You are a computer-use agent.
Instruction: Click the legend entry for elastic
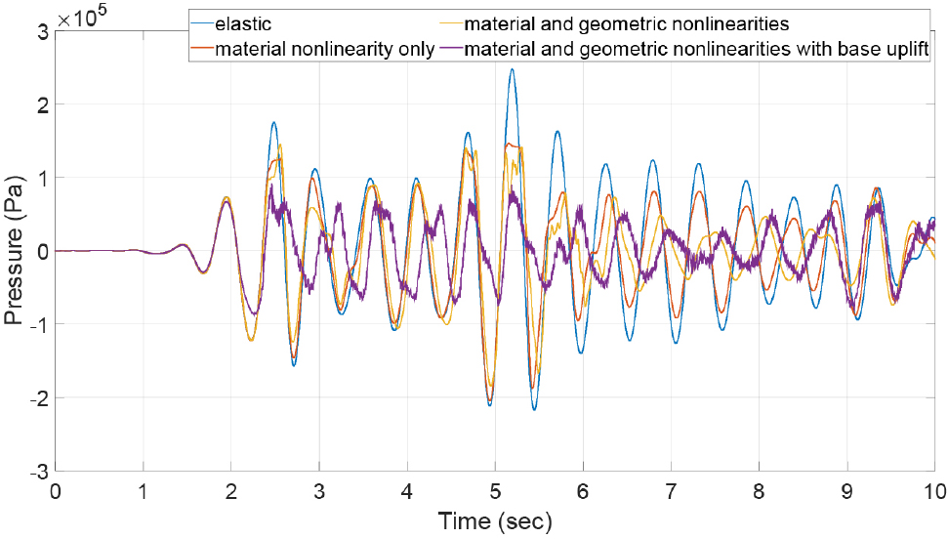coord(244,23)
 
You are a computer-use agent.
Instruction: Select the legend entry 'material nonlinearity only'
coord(324,48)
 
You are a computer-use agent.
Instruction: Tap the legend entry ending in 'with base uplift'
coord(694,48)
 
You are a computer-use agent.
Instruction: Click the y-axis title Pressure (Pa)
coord(15,251)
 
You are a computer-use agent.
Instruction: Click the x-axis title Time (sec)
coord(495,521)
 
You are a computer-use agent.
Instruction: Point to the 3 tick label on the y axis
coord(41,31)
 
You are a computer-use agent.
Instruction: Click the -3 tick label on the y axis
coord(38,471)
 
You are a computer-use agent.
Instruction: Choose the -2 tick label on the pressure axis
coord(38,397)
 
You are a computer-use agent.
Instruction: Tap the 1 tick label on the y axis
coord(41,178)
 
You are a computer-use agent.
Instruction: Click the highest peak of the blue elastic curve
coord(512,70)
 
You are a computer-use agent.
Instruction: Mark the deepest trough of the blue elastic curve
coord(534,408)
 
